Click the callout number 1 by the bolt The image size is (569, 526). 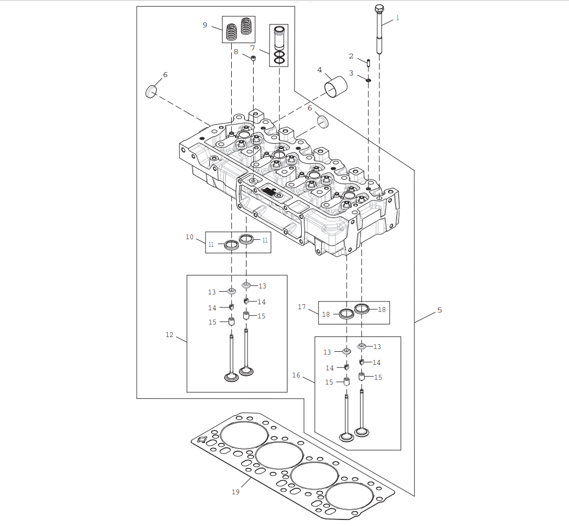[x=397, y=18]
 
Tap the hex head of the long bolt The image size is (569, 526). [x=379, y=9]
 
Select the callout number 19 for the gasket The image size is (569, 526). [x=236, y=492]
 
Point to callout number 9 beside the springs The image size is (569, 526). [x=205, y=25]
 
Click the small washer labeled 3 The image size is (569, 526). [x=368, y=81]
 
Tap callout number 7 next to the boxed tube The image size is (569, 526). [x=253, y=48]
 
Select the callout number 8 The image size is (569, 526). [x=236, y=52]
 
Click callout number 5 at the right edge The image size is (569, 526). [x=439, y=310]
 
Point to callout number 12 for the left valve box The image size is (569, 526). [x=169, y=335]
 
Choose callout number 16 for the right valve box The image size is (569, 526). [x=296, y=375]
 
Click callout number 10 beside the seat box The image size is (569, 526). [x=190, y=237]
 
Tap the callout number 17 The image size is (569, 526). [x=302, y=307]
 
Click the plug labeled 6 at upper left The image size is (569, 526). [x=151, y=91]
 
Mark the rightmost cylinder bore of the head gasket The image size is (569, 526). [x=350, y=497]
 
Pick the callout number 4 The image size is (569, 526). [x=319, y=70]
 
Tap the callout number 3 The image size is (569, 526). [x=351, y=73]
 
